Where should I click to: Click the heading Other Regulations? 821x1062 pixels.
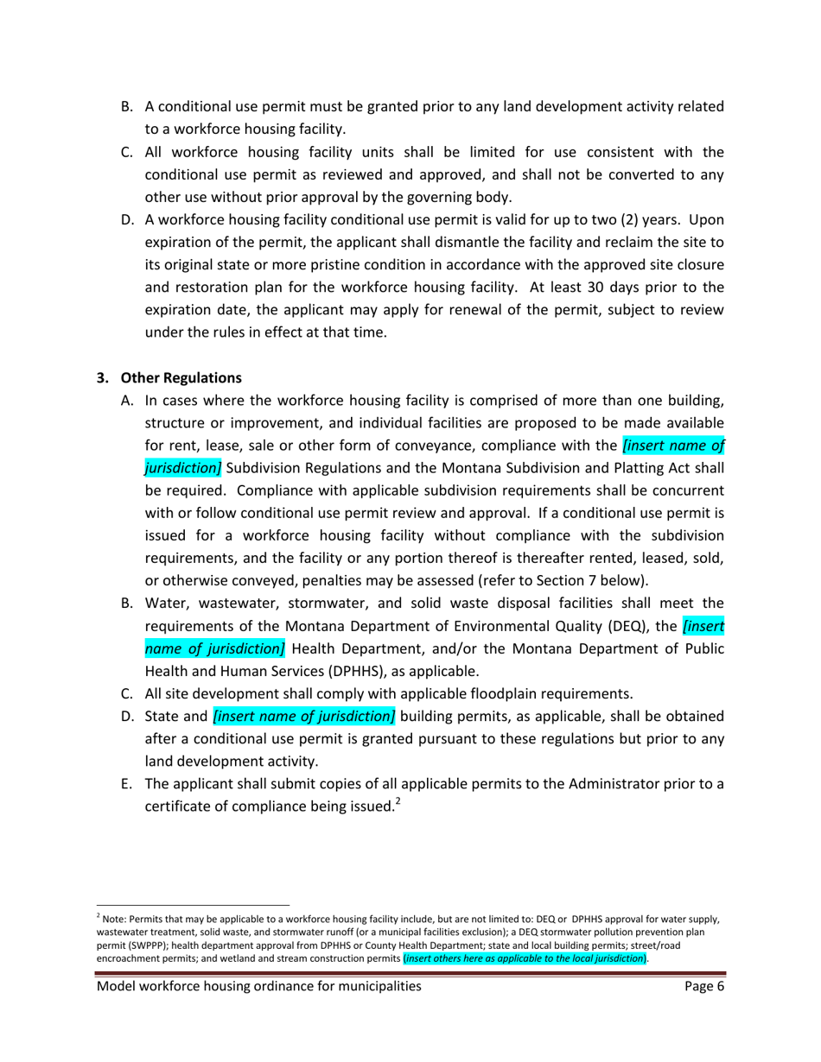181,378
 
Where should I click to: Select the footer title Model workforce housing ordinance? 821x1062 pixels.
259,987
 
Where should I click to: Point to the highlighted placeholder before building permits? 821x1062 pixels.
304,716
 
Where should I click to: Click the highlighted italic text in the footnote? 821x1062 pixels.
525,958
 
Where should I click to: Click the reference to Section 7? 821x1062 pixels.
578,580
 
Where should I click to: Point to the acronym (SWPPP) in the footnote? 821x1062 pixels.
155,945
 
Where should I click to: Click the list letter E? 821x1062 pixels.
126,784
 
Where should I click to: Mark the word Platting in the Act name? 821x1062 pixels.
623,468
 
